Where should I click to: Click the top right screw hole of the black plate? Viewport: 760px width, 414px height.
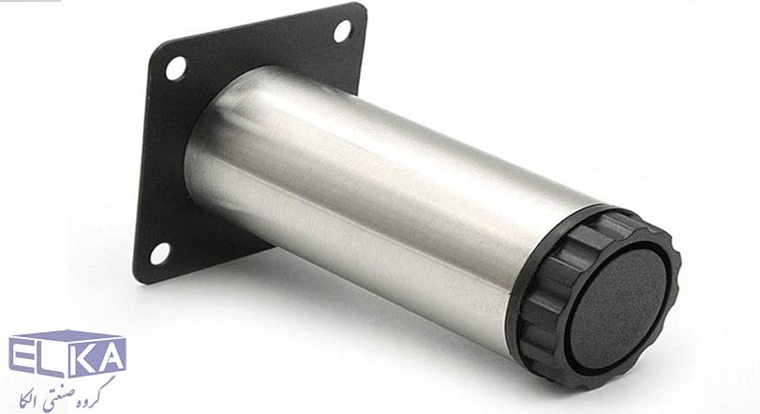[342, 31]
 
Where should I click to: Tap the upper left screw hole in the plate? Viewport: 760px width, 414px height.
[175, 68]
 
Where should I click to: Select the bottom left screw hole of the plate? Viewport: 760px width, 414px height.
[159, 254]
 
